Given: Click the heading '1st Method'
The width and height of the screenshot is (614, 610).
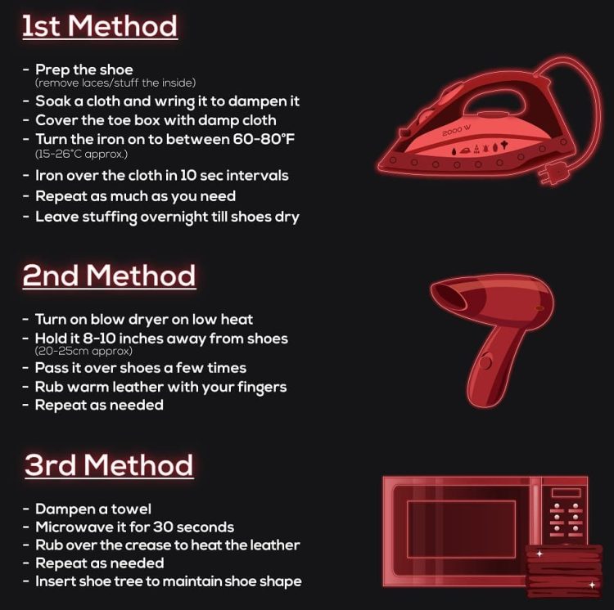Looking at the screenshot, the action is coord(100,27).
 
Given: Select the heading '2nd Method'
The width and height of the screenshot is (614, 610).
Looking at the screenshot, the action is coord(109,276).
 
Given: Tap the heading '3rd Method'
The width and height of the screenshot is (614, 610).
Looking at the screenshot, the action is coord(109,465).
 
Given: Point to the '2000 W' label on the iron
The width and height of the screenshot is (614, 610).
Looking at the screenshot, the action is coord(456,131).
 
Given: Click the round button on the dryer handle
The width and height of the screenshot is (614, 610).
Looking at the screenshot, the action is coord(485,362).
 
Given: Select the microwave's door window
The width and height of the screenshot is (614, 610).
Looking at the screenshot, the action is coord(461,529).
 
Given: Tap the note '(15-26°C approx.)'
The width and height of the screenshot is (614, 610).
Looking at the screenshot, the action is coord(81,154).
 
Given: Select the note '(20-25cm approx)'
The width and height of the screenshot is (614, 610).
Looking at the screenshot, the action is coord(84,351).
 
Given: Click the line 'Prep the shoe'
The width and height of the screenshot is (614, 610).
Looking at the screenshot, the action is coord(84,70).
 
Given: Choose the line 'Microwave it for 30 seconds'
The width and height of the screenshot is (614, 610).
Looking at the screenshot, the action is coord(135,527).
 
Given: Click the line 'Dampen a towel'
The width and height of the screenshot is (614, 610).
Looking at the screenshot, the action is coord(93,509).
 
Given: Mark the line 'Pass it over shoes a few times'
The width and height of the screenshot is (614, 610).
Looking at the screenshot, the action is coord(141,368).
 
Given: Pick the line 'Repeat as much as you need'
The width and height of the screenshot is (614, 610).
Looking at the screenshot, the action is coord(135,196).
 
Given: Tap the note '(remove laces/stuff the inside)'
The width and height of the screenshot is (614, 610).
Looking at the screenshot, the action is coord(115,83).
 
